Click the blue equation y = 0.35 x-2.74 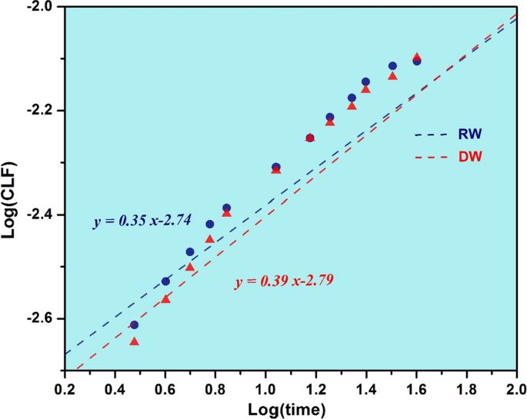(x=142, y=221)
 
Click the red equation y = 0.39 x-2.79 (x=284, y=282)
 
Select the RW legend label (x=471, y=134)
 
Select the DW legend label (x=471, y=157)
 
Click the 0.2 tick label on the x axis (x=65, y=387)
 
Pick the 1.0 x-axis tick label (x=265, y=387)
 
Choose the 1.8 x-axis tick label (x=466, y=387)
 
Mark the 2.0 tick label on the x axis (x=515, y=387)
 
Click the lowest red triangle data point (x=134, y=341)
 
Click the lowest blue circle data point (x=134, y=325)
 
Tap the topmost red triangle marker (x=417, y=57)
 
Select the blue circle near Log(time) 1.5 (x=392, y=66)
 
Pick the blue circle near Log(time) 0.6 (x=165, y=281)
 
